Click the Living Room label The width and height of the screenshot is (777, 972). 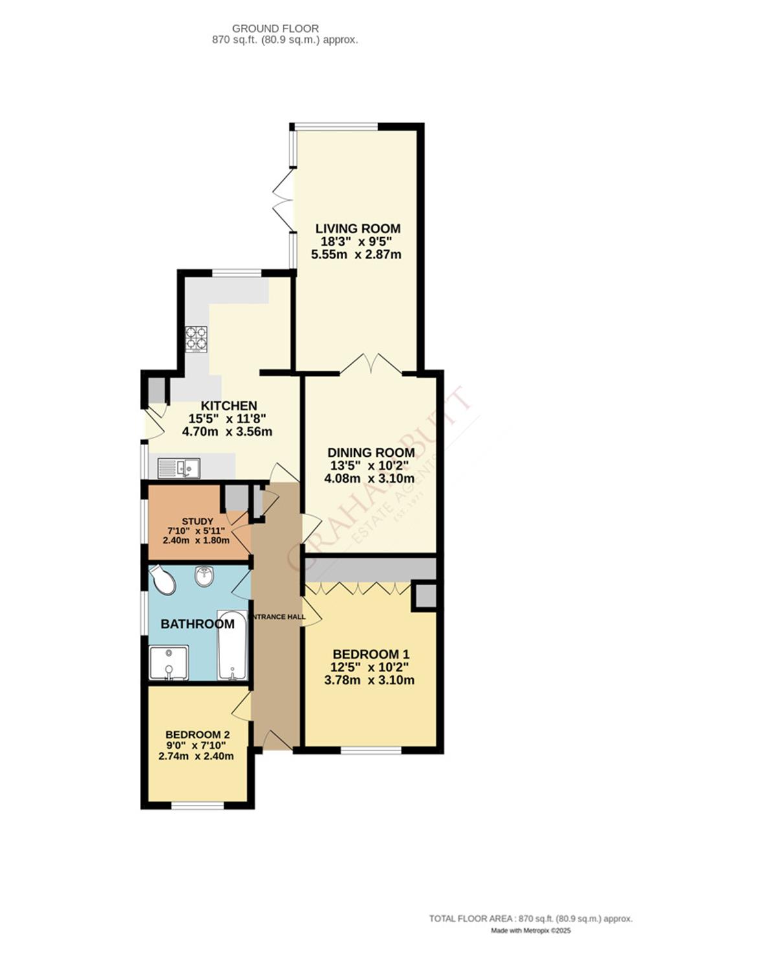[x=357, y=229]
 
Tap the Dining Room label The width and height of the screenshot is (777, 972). [x=370, y=453]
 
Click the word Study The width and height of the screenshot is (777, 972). [x=197, y=521]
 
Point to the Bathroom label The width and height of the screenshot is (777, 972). [x=197, y=624]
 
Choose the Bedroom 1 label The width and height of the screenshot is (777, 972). [x=370, y=654]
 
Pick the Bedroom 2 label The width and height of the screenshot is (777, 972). [x=197, y=735]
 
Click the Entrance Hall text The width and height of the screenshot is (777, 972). [x=278, y=617]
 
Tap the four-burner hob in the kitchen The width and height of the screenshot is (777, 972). [x=196, y=338]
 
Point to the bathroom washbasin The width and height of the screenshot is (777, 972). [x=205, y=575]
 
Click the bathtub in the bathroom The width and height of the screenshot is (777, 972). [x=232, y=645]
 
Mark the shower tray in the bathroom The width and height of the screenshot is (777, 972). [x=168, y=662]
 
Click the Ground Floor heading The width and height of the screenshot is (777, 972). [x=275, y=29]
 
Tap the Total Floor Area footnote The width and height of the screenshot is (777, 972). [x=530, y=918]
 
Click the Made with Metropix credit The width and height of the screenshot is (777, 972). [x=530, y=931]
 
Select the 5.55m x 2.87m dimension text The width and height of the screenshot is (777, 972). [x=356, y=255]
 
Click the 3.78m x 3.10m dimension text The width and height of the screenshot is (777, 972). [x=369, y=680]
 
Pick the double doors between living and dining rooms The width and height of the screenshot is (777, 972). [x=370, y=364]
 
